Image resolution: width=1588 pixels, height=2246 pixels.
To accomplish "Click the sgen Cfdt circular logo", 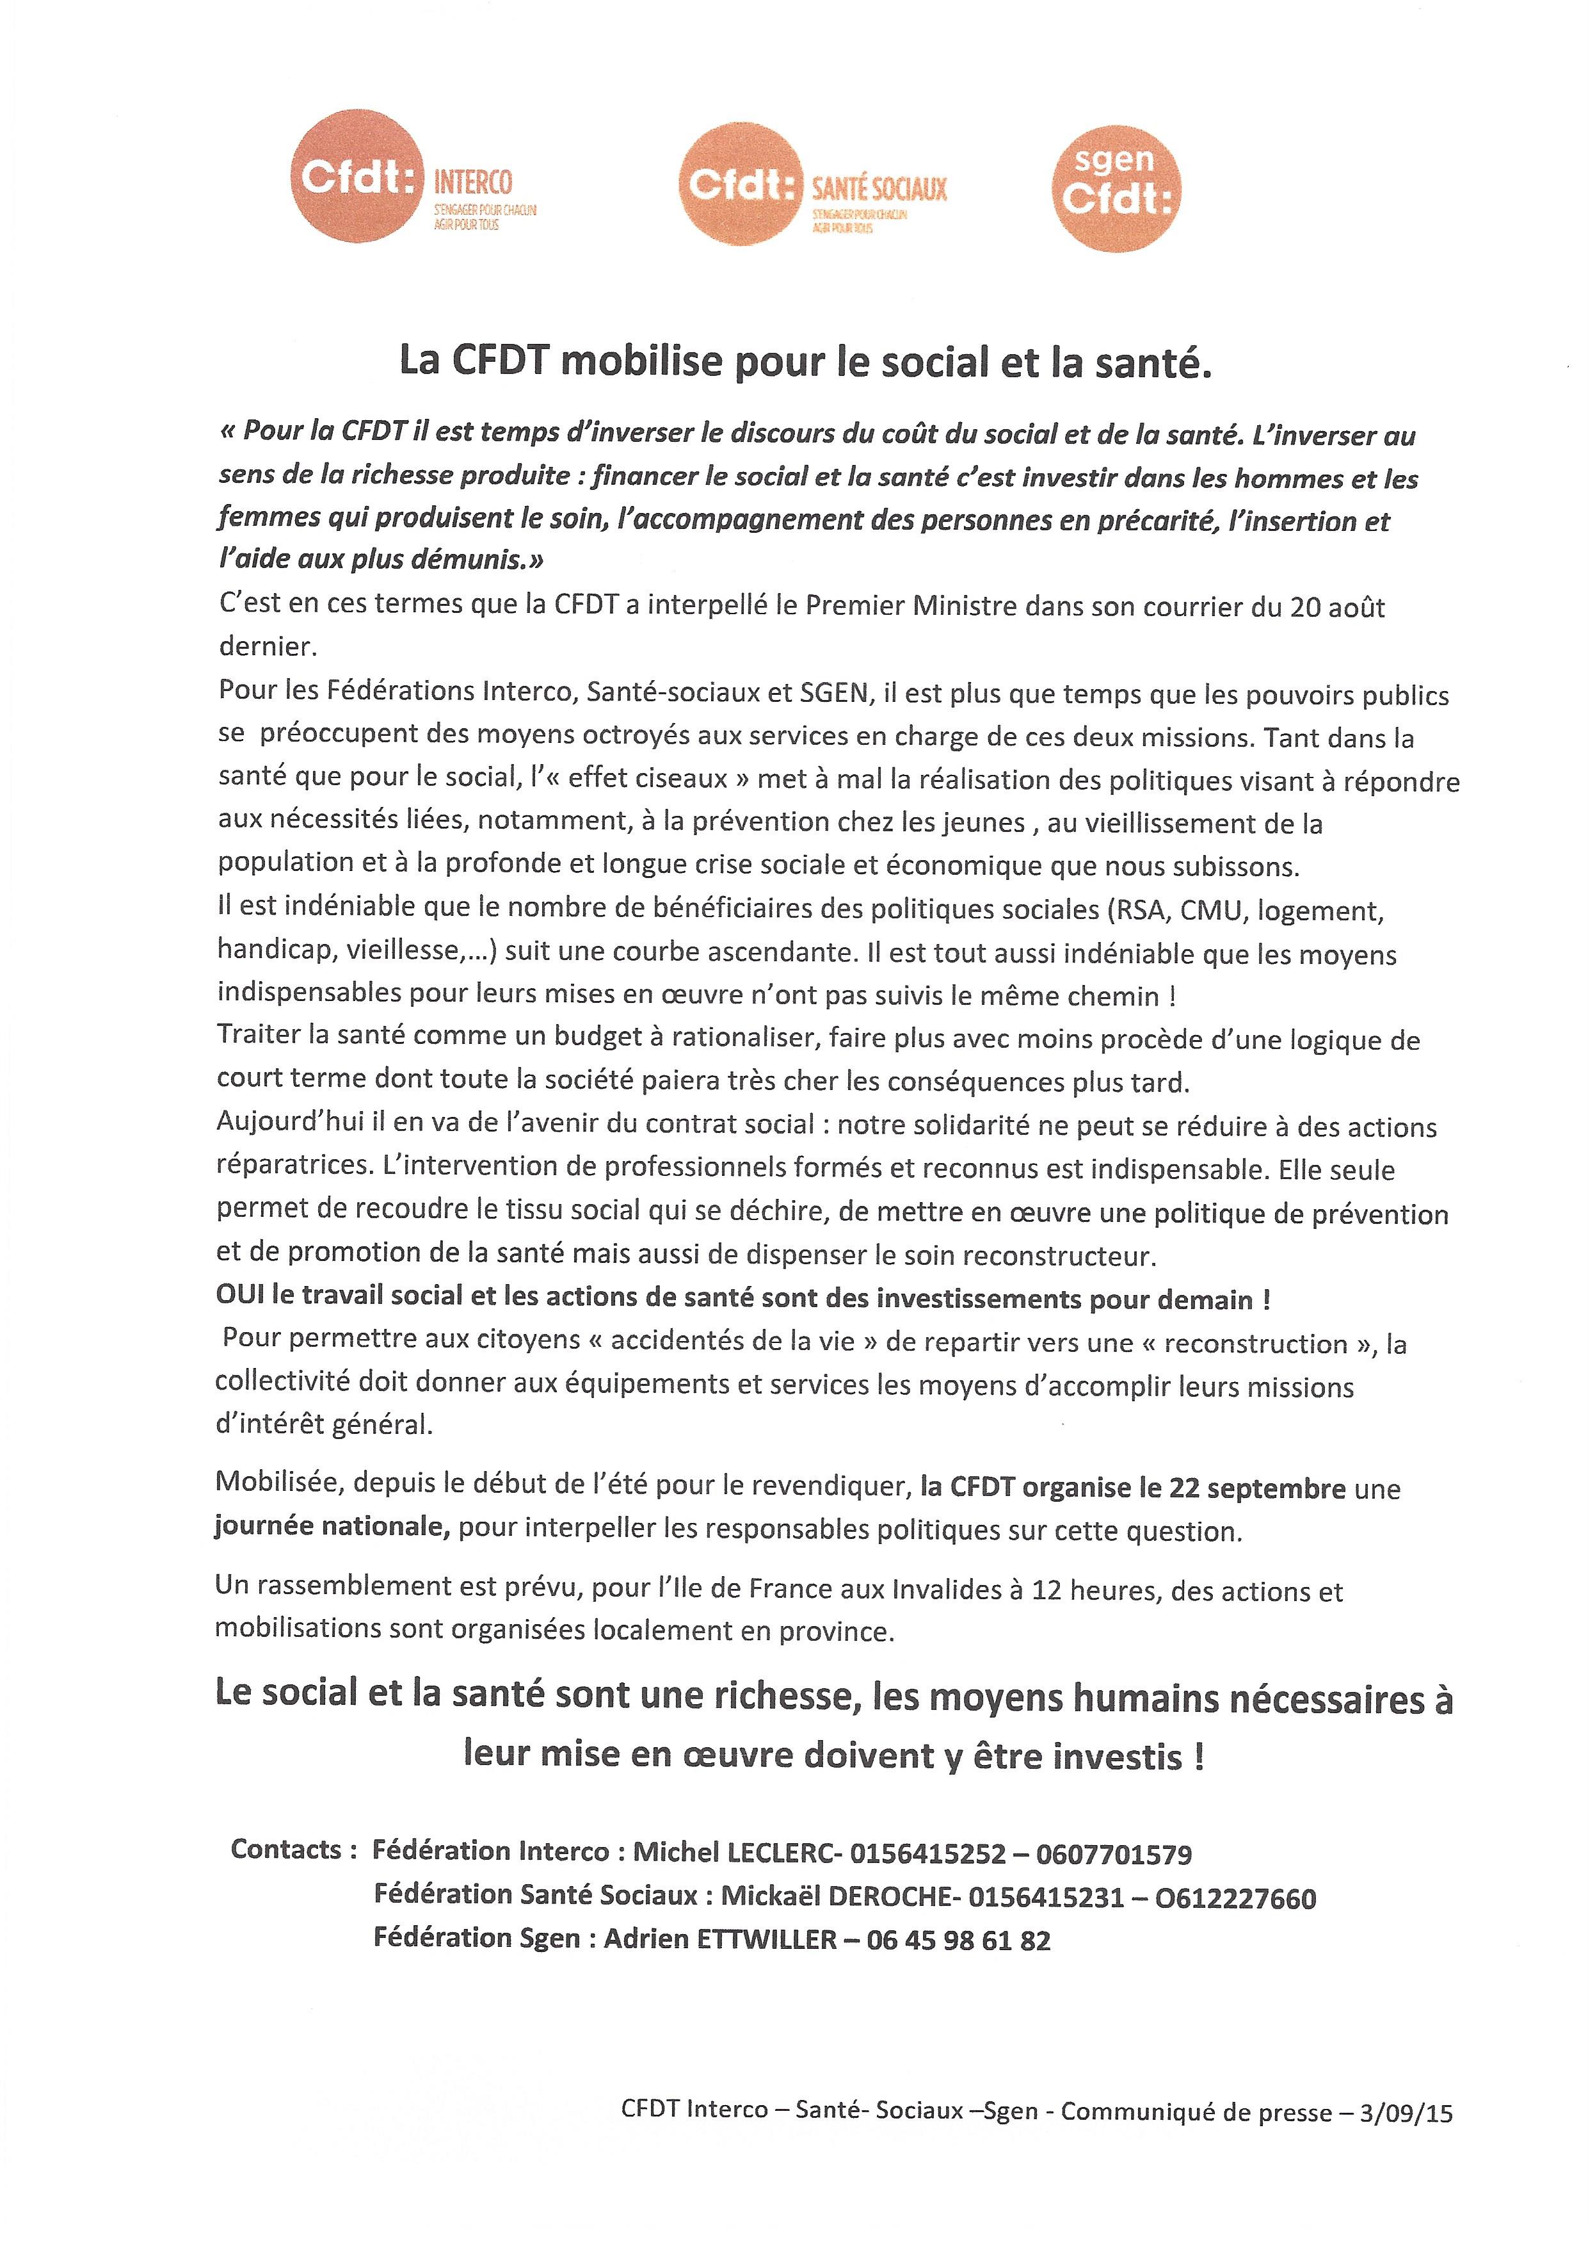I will (1116, 187).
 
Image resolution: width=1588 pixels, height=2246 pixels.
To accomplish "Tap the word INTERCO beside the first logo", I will (472, 182).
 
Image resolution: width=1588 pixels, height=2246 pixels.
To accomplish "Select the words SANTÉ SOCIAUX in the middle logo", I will (879, 189).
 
